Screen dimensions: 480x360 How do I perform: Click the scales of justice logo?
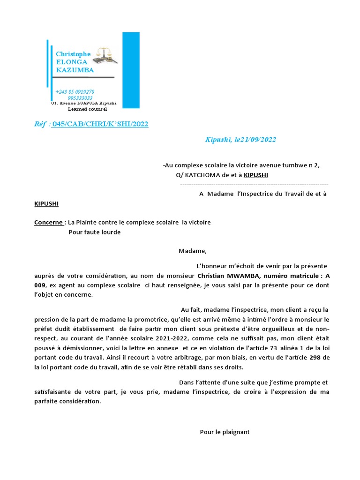pyautogui.click(x=105, y=55)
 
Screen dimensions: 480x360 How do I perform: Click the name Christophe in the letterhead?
pyautogui.click(x=73, y=54)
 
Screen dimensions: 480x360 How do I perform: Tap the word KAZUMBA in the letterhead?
pyautogui.click(x=75, y=70)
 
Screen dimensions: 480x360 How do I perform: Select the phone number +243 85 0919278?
pyautogui.click(x=75, y=92)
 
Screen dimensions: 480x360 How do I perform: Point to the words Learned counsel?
pyautogui.click(x=88, y=109)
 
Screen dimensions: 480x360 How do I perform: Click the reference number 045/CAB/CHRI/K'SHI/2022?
pyautogui.click(x=100, y=124)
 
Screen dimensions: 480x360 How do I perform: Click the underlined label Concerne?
pyautogui.click(x=49, y=222)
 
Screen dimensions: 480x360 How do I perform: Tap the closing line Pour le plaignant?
pyautogui.click(x=225, y=432)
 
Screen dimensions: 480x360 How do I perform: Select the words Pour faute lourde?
pyautogui.click(x=94, y=232)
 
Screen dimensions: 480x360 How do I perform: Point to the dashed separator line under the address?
pyautogui.click(x=254, y=185)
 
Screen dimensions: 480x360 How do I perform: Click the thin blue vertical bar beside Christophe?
pyautogui.click(x=47, y=63)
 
